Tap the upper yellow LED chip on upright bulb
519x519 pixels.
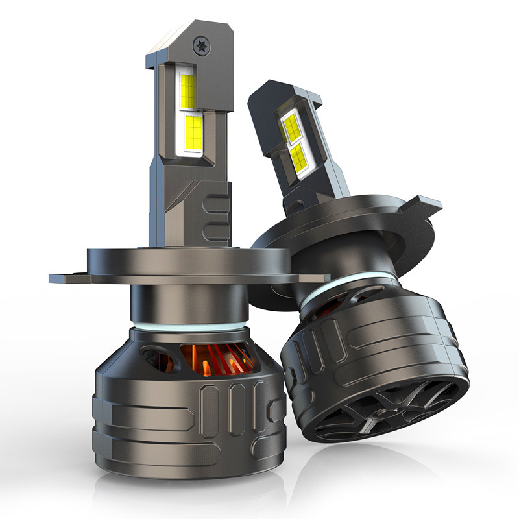click(x=188, y=91)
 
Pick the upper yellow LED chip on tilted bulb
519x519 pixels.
click(x=290, y=121)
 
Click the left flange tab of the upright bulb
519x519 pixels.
click(x=68, y=278)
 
